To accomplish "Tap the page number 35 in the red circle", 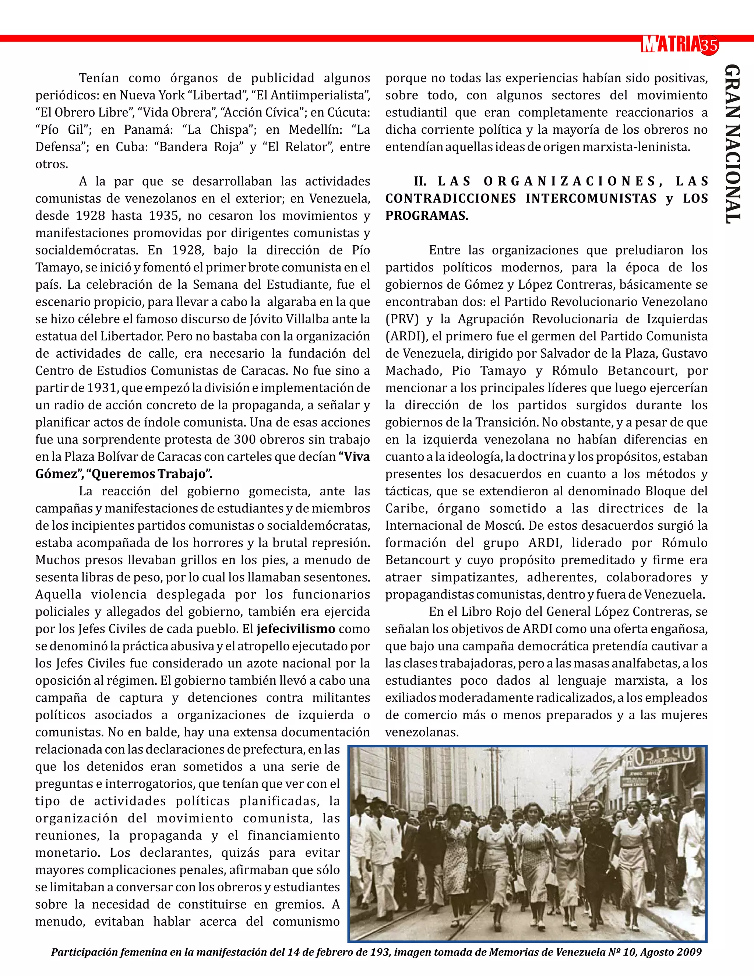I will point(709,46).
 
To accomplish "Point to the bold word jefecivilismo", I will point(296,629).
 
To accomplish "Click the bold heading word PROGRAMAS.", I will point(427,216).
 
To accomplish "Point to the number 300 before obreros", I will point(244,439).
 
